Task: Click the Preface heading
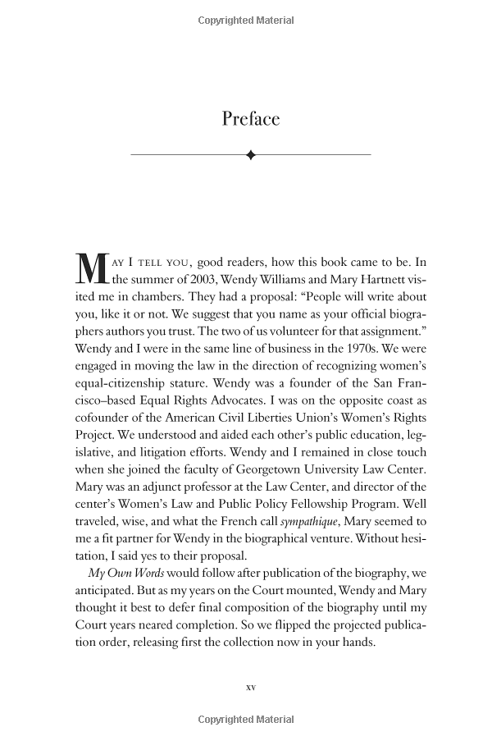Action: coord(250,119)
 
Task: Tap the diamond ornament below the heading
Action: coord(250,154)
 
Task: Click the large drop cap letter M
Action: coord(89,271)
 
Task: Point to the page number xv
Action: coord(251,687)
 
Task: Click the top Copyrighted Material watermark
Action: coord(246,21)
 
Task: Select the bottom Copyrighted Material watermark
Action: coord(246,720)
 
